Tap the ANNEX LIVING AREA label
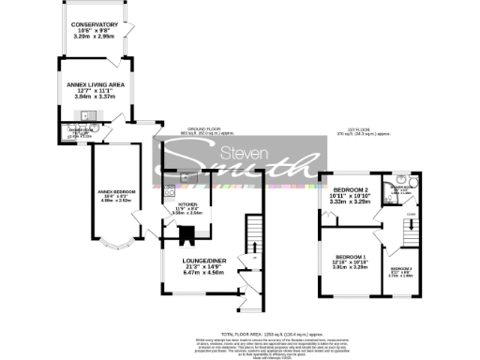coord(97,83)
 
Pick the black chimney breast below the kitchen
coord(187,236)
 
